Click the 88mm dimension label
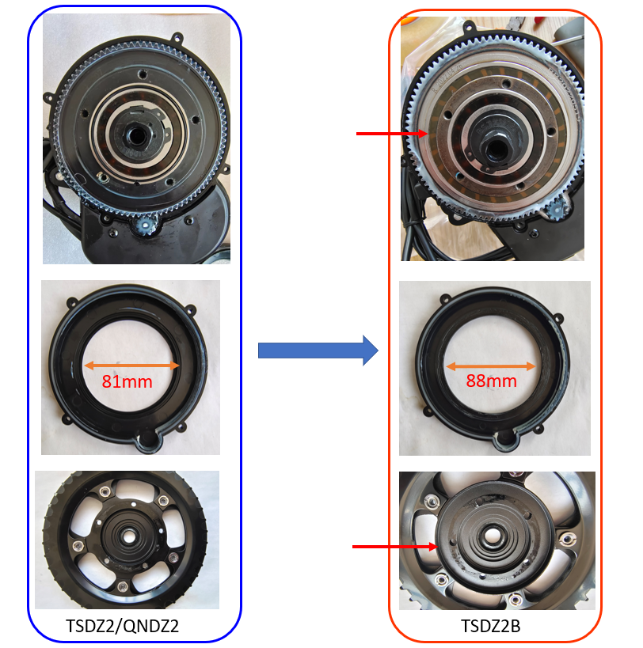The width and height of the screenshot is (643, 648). tap(491, 381)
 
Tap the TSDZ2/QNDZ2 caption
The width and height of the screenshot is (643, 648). tap(123, 626)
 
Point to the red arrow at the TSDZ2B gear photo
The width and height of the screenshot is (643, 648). tap(391, 134)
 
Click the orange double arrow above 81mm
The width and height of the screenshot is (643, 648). tap(132, 365)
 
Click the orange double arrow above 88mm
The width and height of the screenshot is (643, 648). tap(491, 366)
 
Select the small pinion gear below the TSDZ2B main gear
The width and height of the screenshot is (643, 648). tap(559, 210)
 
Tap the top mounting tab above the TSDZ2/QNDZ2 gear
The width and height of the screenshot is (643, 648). tap(176, 34)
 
